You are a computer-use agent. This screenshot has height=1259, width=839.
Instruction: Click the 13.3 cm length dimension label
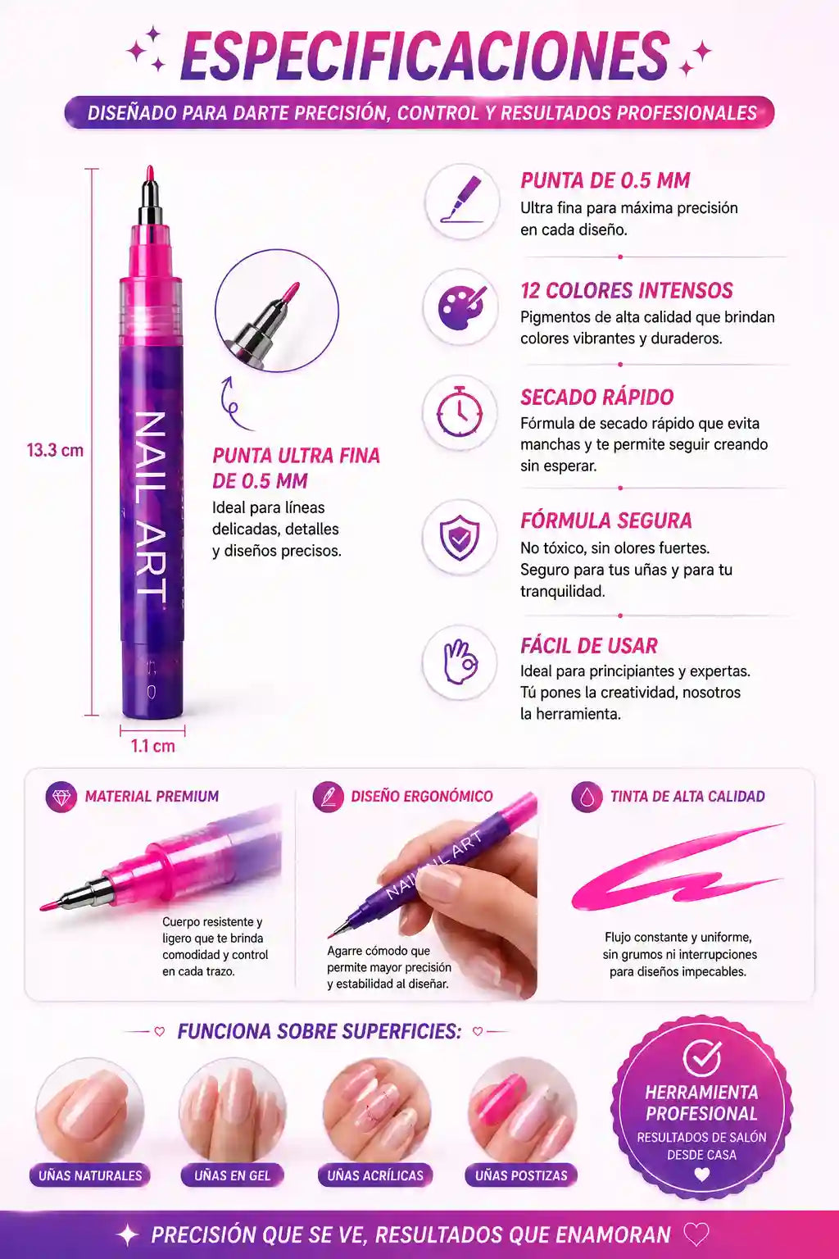click(x=55, y=450)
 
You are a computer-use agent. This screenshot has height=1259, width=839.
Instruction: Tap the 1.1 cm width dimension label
click(x=153, y=747)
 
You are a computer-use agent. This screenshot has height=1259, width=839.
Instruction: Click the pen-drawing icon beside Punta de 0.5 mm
click(x=462, y=201)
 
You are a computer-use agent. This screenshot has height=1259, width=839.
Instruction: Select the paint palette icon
click(x=460, y=307)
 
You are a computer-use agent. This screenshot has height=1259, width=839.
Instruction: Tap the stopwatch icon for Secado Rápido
click(x=460, y=412)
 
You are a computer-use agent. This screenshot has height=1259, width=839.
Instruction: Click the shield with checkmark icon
click(x=460, y=538)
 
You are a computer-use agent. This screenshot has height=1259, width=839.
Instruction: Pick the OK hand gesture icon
click(x=460, y=661)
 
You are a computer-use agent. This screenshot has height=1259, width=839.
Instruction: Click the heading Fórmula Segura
click(x=605, y=521)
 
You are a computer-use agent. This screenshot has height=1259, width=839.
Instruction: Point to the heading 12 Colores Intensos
click(x=627, y=291)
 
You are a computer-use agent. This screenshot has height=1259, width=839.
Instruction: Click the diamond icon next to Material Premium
click(x=61, y=797)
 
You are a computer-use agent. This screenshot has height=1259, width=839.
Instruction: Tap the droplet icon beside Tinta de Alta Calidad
click(x=587, y=797)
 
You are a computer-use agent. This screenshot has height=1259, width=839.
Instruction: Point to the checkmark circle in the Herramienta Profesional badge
click(x=702, y=1058)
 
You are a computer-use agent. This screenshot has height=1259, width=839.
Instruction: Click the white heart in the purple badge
click(x=701, y=1175)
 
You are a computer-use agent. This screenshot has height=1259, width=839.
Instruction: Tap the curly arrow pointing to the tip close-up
click(x=230, y=402)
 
